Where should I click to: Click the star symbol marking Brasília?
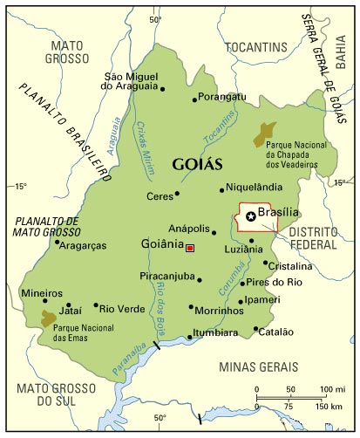pyautogui.click(x=251, y=216)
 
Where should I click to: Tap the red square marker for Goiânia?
pyautogui.click(x=190, y=249)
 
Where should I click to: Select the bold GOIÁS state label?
pyautogui.click(x=197, y=164)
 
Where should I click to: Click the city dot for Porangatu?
pyautogui.click(x=195, y=97)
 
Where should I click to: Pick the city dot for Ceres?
pyautogui.click(x=177, y=194)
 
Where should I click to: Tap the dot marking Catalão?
pyautogui.click(x=256, y=329)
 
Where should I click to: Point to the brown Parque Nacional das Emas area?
pyautogui.click(x=49, y=318)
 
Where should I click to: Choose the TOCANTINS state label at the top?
pyautogui.click(x=255, y=44)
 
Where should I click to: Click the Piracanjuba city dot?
pyautogui.click(x=200, y=280)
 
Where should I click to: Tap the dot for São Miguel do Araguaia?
pyautogui.click(x=162, y=88)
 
